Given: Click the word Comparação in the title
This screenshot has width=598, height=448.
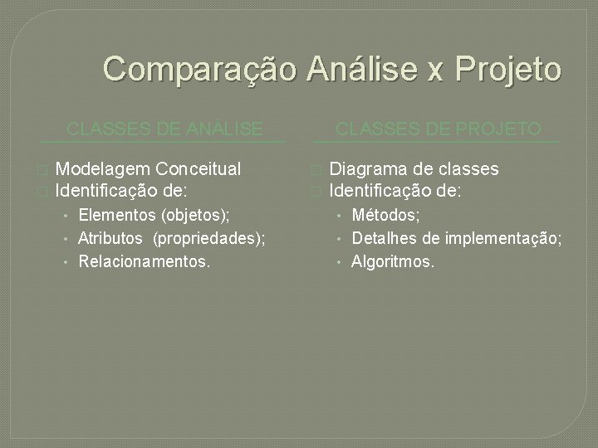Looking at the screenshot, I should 199,69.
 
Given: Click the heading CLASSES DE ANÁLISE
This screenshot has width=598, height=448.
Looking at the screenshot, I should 164,129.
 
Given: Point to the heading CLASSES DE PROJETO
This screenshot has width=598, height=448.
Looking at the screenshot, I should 438,129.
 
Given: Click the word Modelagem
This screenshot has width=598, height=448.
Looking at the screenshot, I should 99,170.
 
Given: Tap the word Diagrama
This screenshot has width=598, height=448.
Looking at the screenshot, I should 367,169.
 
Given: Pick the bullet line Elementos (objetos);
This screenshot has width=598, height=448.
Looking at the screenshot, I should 154,216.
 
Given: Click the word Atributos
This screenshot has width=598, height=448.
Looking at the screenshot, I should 110,239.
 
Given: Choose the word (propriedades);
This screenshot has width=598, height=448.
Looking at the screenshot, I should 209,239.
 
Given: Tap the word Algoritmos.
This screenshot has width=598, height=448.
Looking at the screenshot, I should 393,262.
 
